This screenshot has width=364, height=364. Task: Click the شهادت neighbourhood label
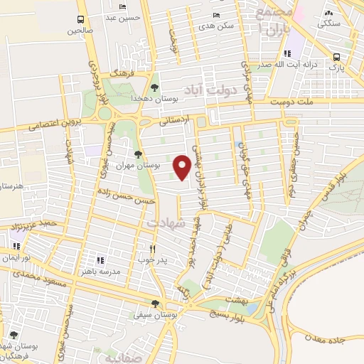click(x=165, y=223)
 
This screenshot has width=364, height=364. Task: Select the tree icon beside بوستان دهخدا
click(x=154, y=87)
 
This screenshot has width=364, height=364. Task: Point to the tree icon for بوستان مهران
click(x=138, y=154)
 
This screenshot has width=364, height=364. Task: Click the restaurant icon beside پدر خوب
click(x=152, y=250)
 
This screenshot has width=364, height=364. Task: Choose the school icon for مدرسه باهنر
click(x=100, y=261)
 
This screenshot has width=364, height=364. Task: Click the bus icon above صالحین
click(x=80, y=20)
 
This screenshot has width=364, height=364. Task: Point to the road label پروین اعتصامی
click(x=56, y=125)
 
